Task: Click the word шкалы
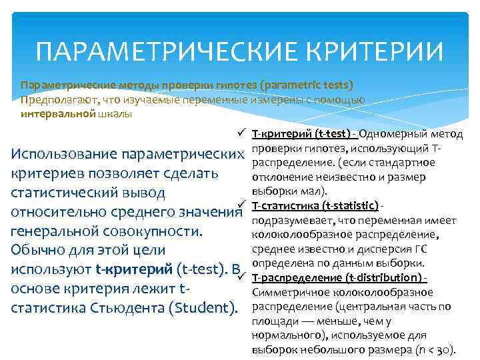(117, 113)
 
